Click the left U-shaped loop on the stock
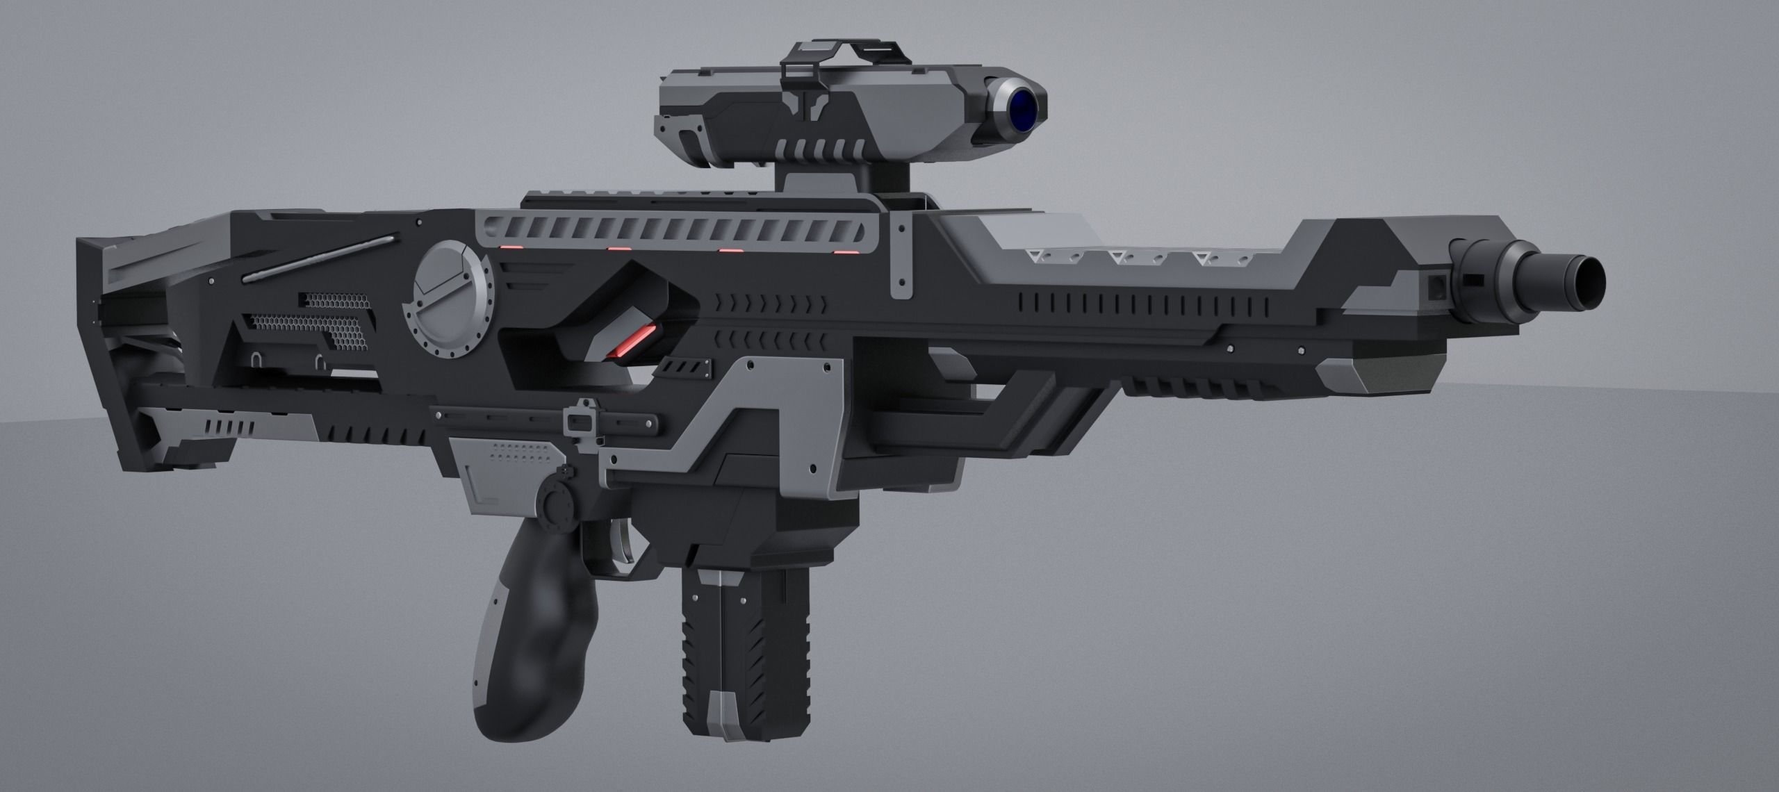[x=256, y=361]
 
